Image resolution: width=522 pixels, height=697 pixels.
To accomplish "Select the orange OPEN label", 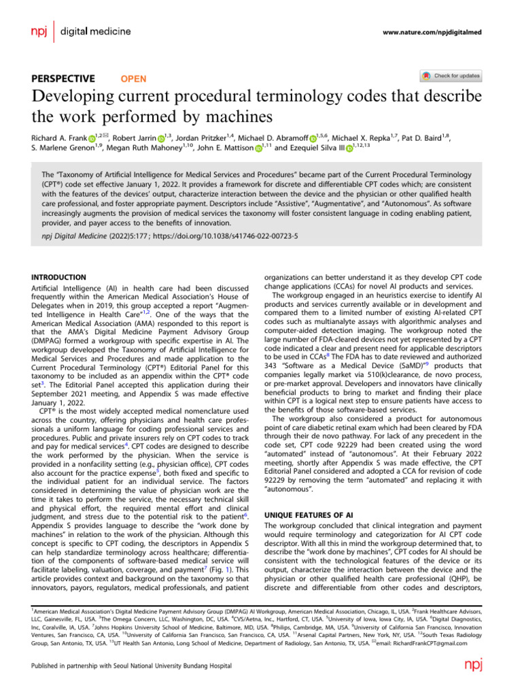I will click(x=133, y=78).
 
